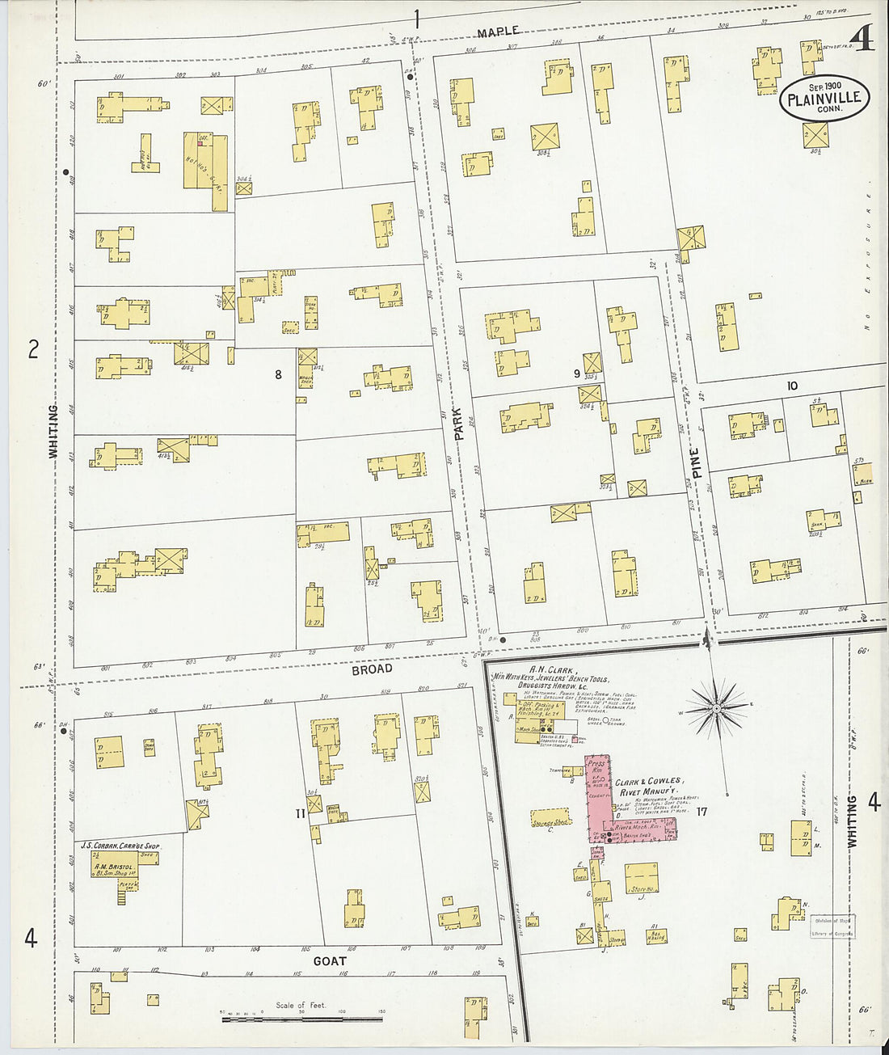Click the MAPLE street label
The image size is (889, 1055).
pyautogui.click(x=498, y=32)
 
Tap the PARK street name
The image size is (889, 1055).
pyautogui.click(x=459, y=423)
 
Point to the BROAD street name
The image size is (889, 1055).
pyautogui.click(x=372, y=669)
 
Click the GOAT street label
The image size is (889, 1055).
pyautogui.click(x=330, y=961)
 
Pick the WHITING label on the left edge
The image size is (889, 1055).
pyautogui.click(x=53, y=432)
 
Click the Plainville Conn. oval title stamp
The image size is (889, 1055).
pyautogui.click(x=824, y=99)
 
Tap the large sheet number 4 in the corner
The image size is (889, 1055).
pyautogui.click(x=863, y=38)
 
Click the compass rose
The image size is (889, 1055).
pyautogui.click(x=716, y=710)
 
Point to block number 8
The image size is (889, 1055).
pyautogui.click(x=278, y=374)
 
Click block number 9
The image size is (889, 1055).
pyautogui.click(x=576, y=373)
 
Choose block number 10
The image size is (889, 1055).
pyautogui.click(x=792, y=386)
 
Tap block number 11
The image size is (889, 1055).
pyautogui.click(x=300, y=813)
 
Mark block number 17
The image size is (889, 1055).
pyautogui.click(x=702, y=812)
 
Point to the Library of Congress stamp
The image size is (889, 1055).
pyautogui.click(x=832, y=926)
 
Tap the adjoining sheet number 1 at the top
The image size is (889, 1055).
pyautogui.click(x=418, y=18)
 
